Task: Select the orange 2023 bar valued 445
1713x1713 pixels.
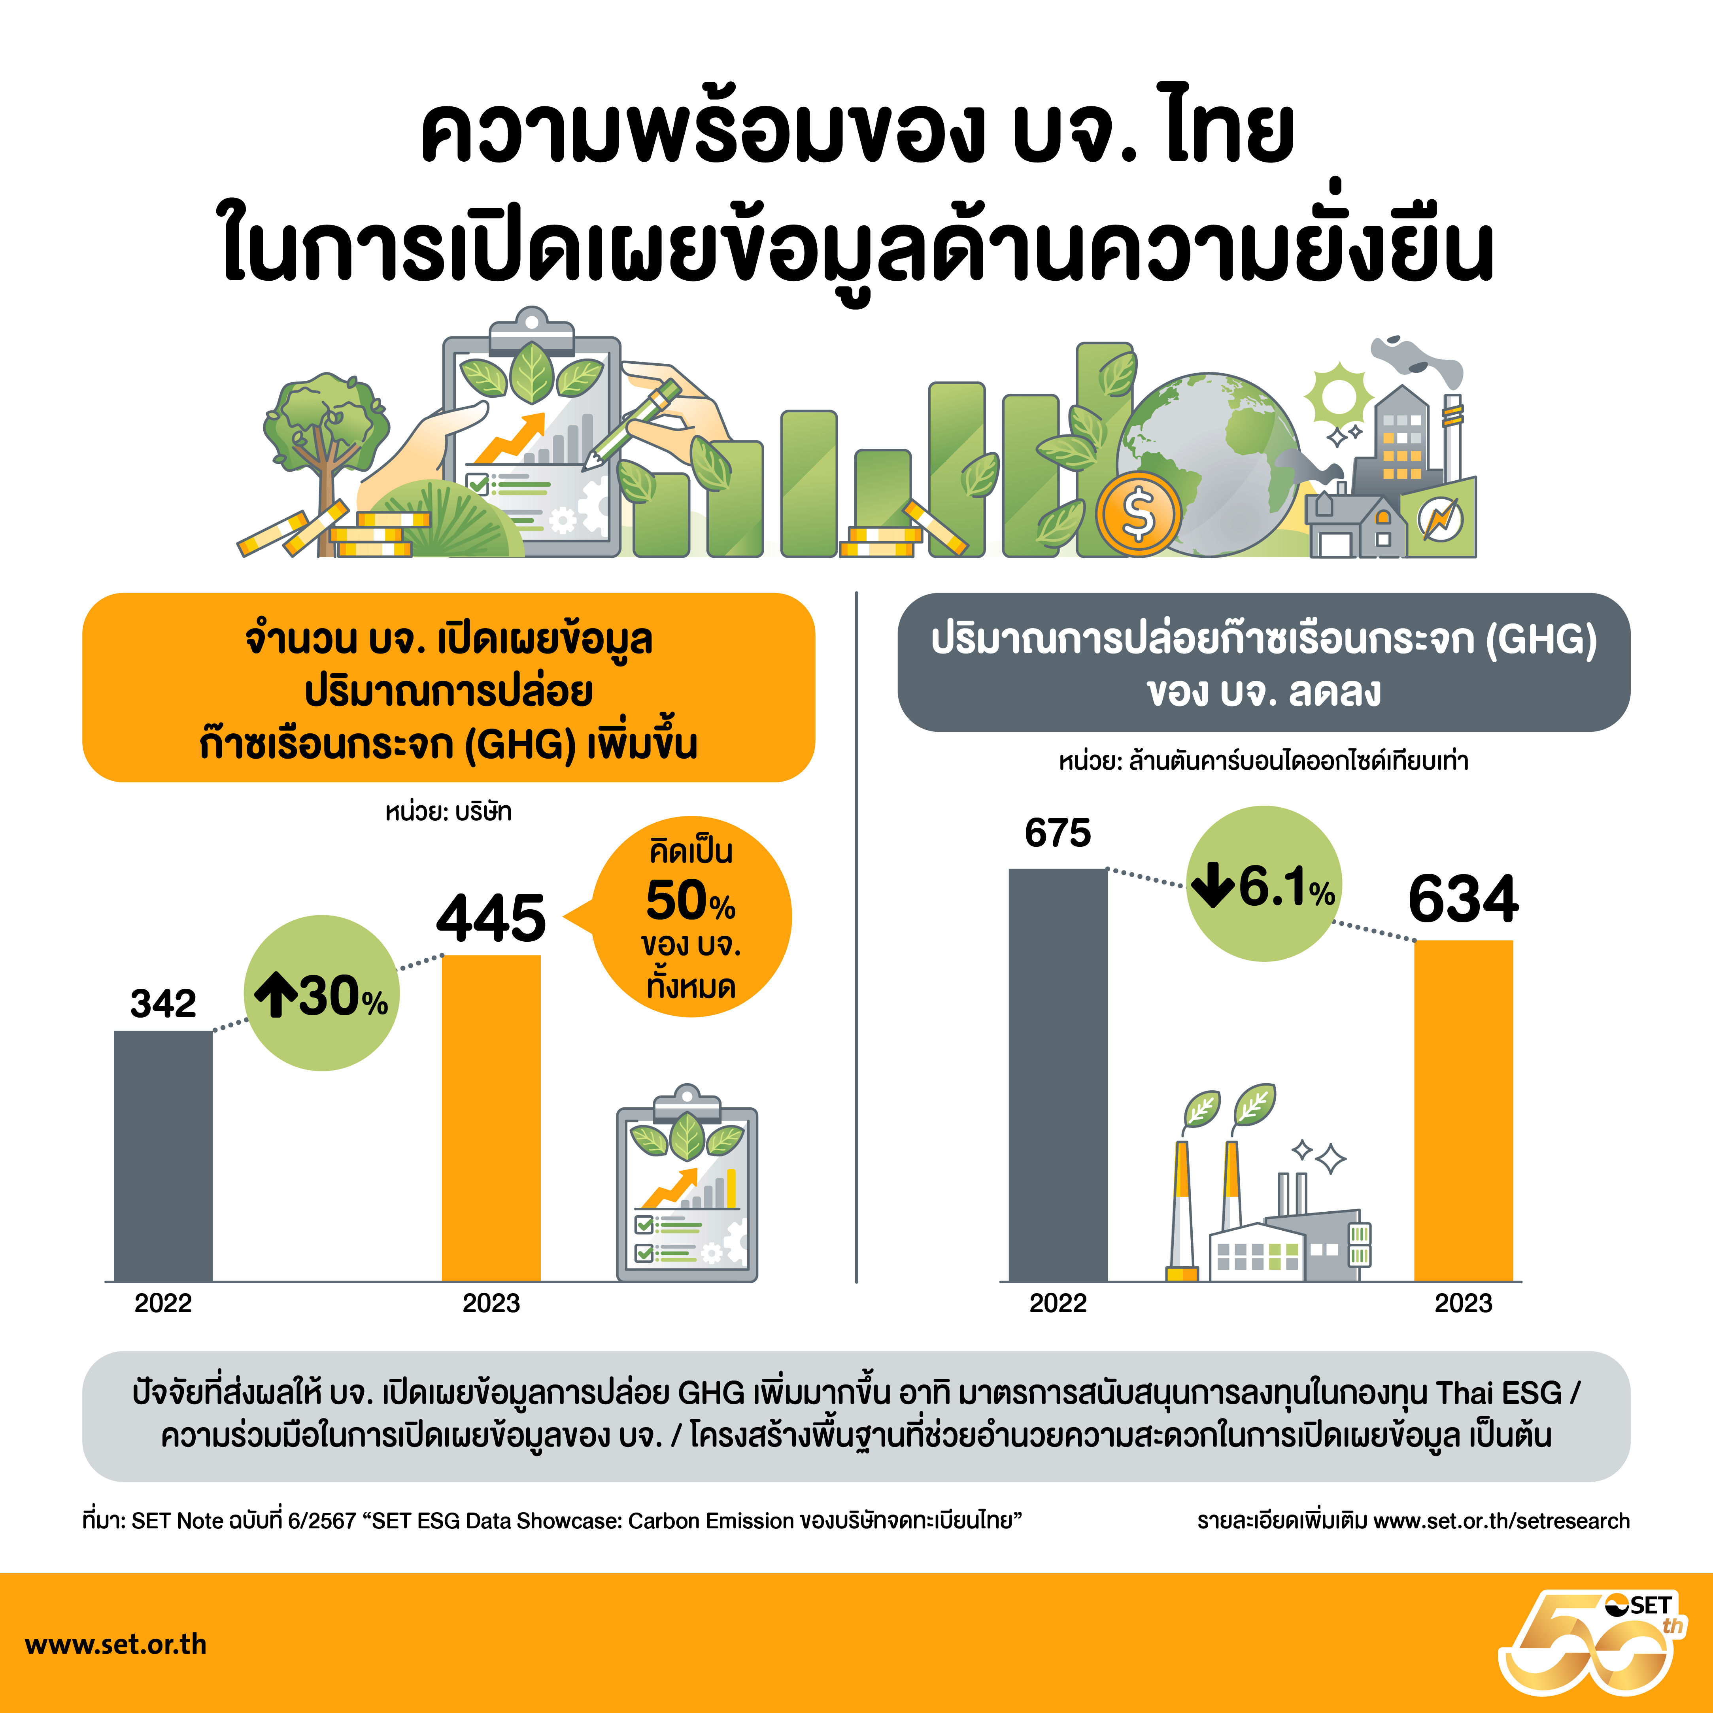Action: coord(491,1118)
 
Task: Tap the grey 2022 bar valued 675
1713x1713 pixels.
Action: coord(1058,1075)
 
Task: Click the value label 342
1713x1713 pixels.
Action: coord(163,1004)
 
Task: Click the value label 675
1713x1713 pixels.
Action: coord(1058,833)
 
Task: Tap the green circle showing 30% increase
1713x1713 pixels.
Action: coord(322,993)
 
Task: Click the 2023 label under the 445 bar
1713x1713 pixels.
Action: coord(491,1303)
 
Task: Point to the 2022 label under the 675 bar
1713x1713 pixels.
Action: coord(1058,1303)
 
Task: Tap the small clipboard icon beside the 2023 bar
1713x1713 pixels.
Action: coord(687,1184)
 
